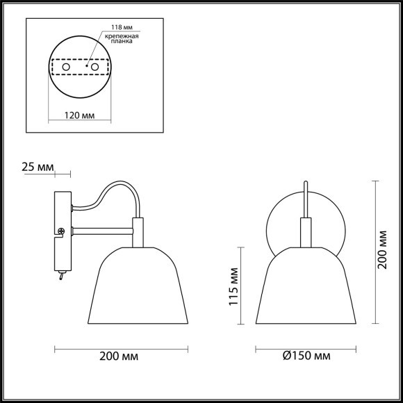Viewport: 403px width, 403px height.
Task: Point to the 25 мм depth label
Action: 37,167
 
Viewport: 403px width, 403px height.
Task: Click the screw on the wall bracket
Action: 61,231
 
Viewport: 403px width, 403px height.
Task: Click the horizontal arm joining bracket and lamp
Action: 101,230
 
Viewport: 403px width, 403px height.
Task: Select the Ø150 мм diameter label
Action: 306,356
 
